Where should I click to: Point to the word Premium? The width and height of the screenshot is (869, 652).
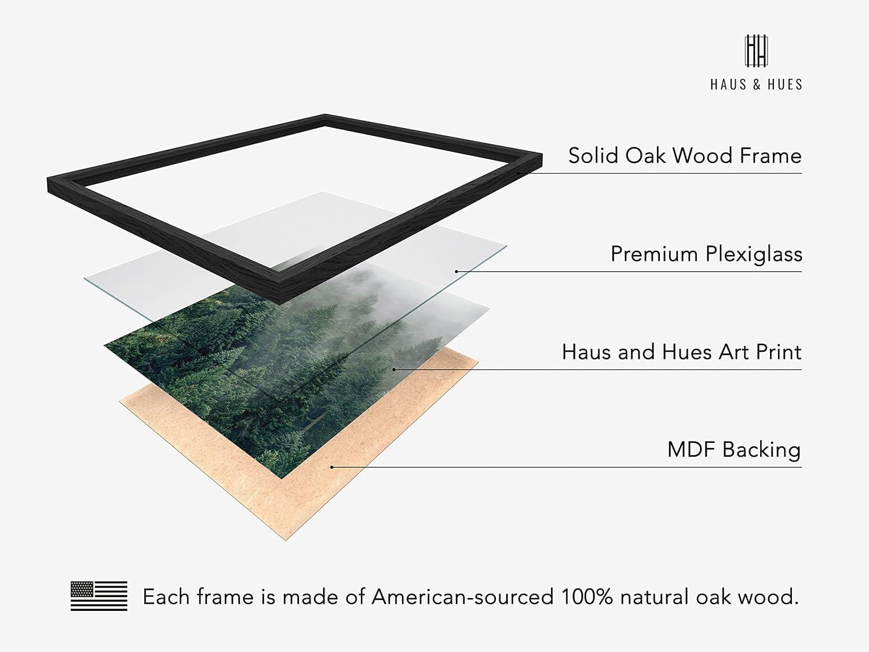[654, 254]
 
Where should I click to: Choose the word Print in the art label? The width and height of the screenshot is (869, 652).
[779, 352]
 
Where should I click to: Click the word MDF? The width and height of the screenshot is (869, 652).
[692, 450]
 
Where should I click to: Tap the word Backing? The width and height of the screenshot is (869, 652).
[761, 450]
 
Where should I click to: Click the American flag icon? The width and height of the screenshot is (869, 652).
[99, 596]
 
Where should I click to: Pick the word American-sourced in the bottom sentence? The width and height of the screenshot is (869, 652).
[462, 597]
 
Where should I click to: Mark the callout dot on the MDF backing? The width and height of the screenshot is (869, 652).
[332, 467]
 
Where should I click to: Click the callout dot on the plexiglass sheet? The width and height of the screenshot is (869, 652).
[456, 272]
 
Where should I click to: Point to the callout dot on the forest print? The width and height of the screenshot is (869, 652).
[394, 369]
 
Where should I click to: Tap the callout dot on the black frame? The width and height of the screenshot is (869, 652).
[518, 173]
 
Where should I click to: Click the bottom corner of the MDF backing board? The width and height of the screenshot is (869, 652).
[285, 540]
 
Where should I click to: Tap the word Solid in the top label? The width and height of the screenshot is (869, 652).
[593, 155]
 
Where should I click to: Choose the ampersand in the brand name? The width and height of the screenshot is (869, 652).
[757, 85]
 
